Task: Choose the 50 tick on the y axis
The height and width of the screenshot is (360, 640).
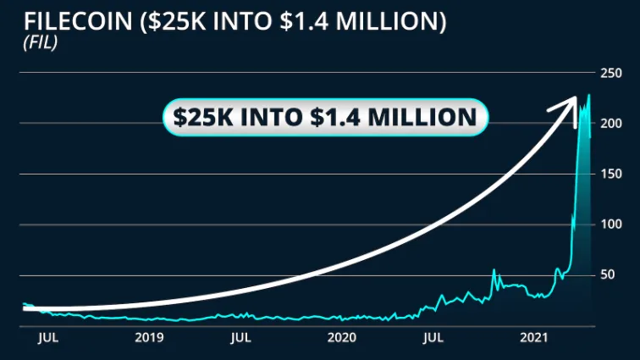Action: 606,275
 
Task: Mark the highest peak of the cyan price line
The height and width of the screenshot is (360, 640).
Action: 588,96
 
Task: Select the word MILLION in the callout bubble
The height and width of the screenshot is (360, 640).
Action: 426,117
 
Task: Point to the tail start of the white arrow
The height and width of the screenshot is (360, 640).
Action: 25,309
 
